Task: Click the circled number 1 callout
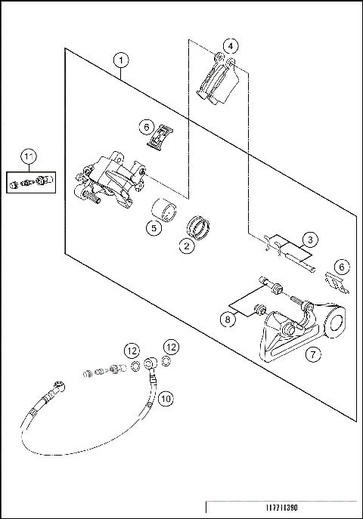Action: coord(121,60)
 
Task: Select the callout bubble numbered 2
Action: coord(187,246)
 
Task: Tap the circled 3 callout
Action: coord(310,239)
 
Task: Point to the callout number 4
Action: coord(231,46)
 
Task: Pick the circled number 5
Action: coord(154,228)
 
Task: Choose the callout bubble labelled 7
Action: coord(313,354)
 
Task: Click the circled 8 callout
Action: coord(228,320)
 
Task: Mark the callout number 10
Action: coord(166,399)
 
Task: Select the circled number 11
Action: coord(29,156)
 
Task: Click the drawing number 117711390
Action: coord(281,508)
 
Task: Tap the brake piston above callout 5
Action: coord(163,210)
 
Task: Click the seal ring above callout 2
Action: coord(198,227)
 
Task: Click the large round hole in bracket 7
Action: coord(336,323)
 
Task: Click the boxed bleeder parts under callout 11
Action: coord(31,182)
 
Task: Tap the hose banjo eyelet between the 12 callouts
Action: coord(150,363)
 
